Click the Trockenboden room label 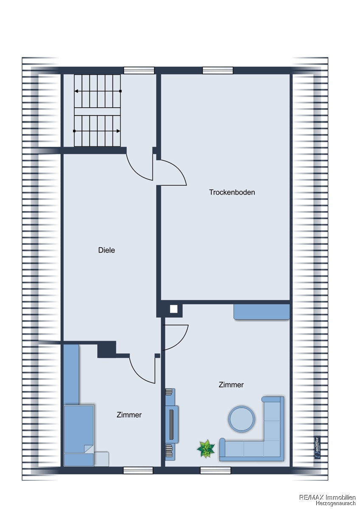click(232, 192)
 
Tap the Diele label click(107, 250)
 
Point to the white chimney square click(174, 309)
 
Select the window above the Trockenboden click(218, 70)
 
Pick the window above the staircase click(139, 70)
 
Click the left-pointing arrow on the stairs click(98, 91)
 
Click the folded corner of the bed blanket click(88, 448)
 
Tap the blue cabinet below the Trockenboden click(262, 312)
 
